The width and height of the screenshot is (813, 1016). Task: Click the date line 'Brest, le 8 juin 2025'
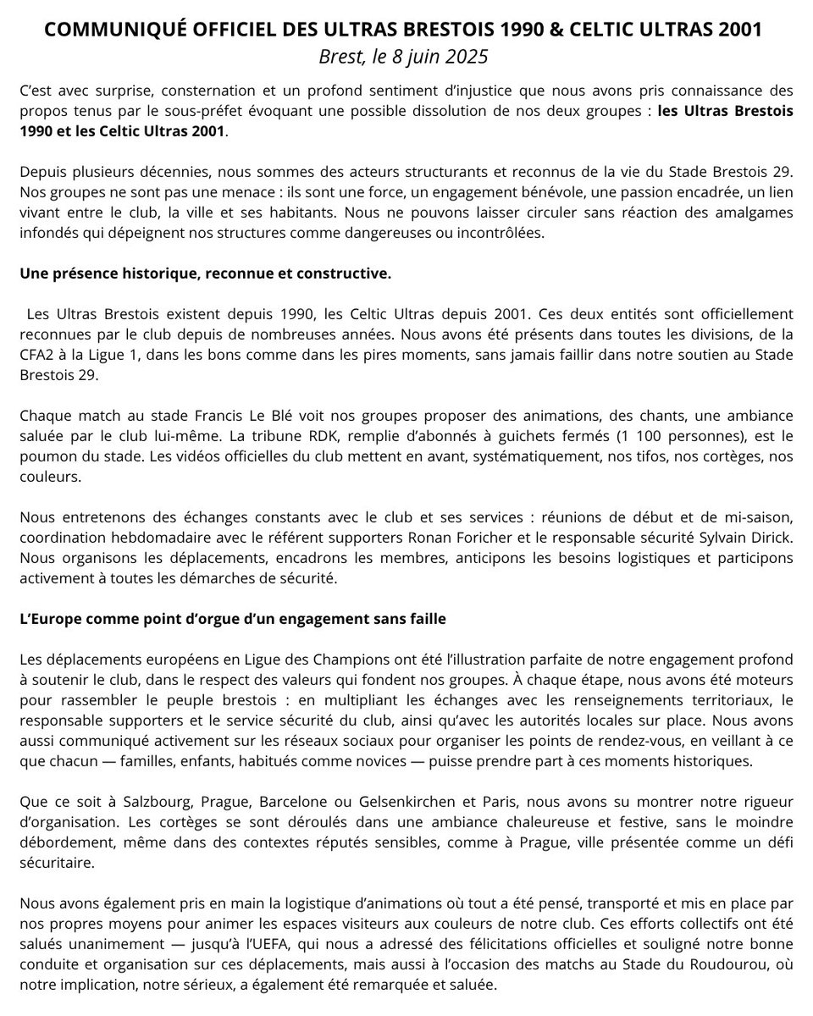click(406, 58)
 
